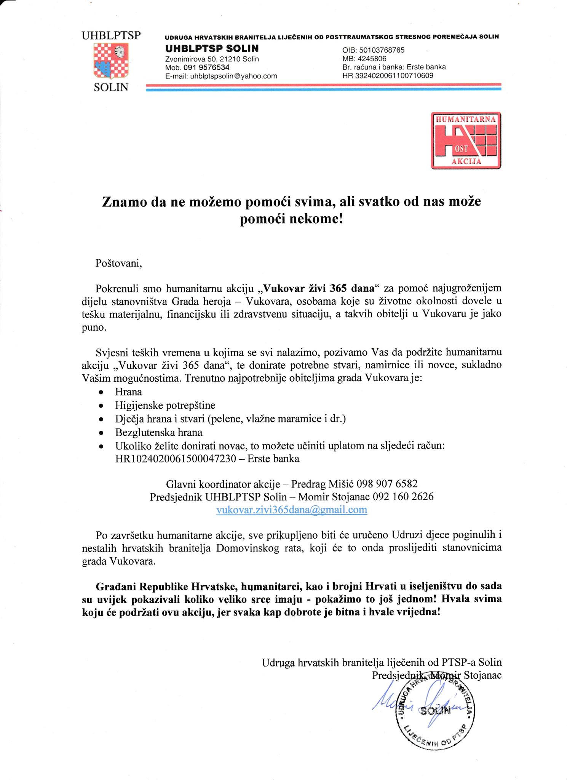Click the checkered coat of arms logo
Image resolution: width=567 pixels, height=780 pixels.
pos(111,61)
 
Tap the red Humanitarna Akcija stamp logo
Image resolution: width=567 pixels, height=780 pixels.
pos(466,140)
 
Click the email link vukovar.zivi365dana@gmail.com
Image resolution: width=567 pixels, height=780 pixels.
pos(291,510)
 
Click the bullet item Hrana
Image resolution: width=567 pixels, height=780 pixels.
pos(128,392)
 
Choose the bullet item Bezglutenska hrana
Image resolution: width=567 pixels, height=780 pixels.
pos(158,432)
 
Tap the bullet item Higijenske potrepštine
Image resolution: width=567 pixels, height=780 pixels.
pos(165,405)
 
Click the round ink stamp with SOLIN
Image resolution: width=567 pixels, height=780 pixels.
pos(434,711)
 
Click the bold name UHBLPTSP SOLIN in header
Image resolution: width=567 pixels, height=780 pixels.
pos(211,48)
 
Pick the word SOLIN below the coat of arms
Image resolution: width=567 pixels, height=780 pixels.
pos(111,87)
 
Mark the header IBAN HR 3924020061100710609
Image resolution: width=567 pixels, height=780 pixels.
pos(388,75)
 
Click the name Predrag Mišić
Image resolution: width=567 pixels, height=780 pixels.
pos(323,484)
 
